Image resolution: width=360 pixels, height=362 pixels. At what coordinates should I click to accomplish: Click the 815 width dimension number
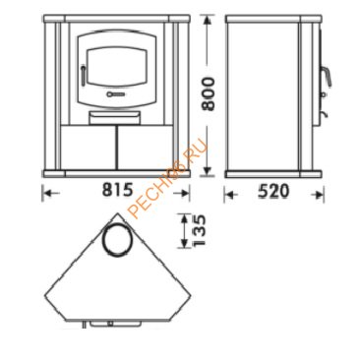(x=117, y=190)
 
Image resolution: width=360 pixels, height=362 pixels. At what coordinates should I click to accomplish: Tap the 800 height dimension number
(x=209, y=94)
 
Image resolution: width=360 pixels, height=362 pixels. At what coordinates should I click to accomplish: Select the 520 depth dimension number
(x=273, y=191)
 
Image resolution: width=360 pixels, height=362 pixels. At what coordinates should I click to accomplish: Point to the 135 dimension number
(x=199, y=230)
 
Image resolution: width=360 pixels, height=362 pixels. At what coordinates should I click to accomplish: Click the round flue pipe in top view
(x=118, y=239)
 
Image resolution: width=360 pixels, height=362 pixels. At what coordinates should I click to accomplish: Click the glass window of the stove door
(x=116, y=68)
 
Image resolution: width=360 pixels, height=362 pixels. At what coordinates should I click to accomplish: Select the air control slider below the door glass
(x=115, y=94)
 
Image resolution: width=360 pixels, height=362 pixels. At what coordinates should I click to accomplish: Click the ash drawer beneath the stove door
(x=115, y=117)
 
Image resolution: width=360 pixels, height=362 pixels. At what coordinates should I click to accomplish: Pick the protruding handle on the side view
(x=326, y=76)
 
